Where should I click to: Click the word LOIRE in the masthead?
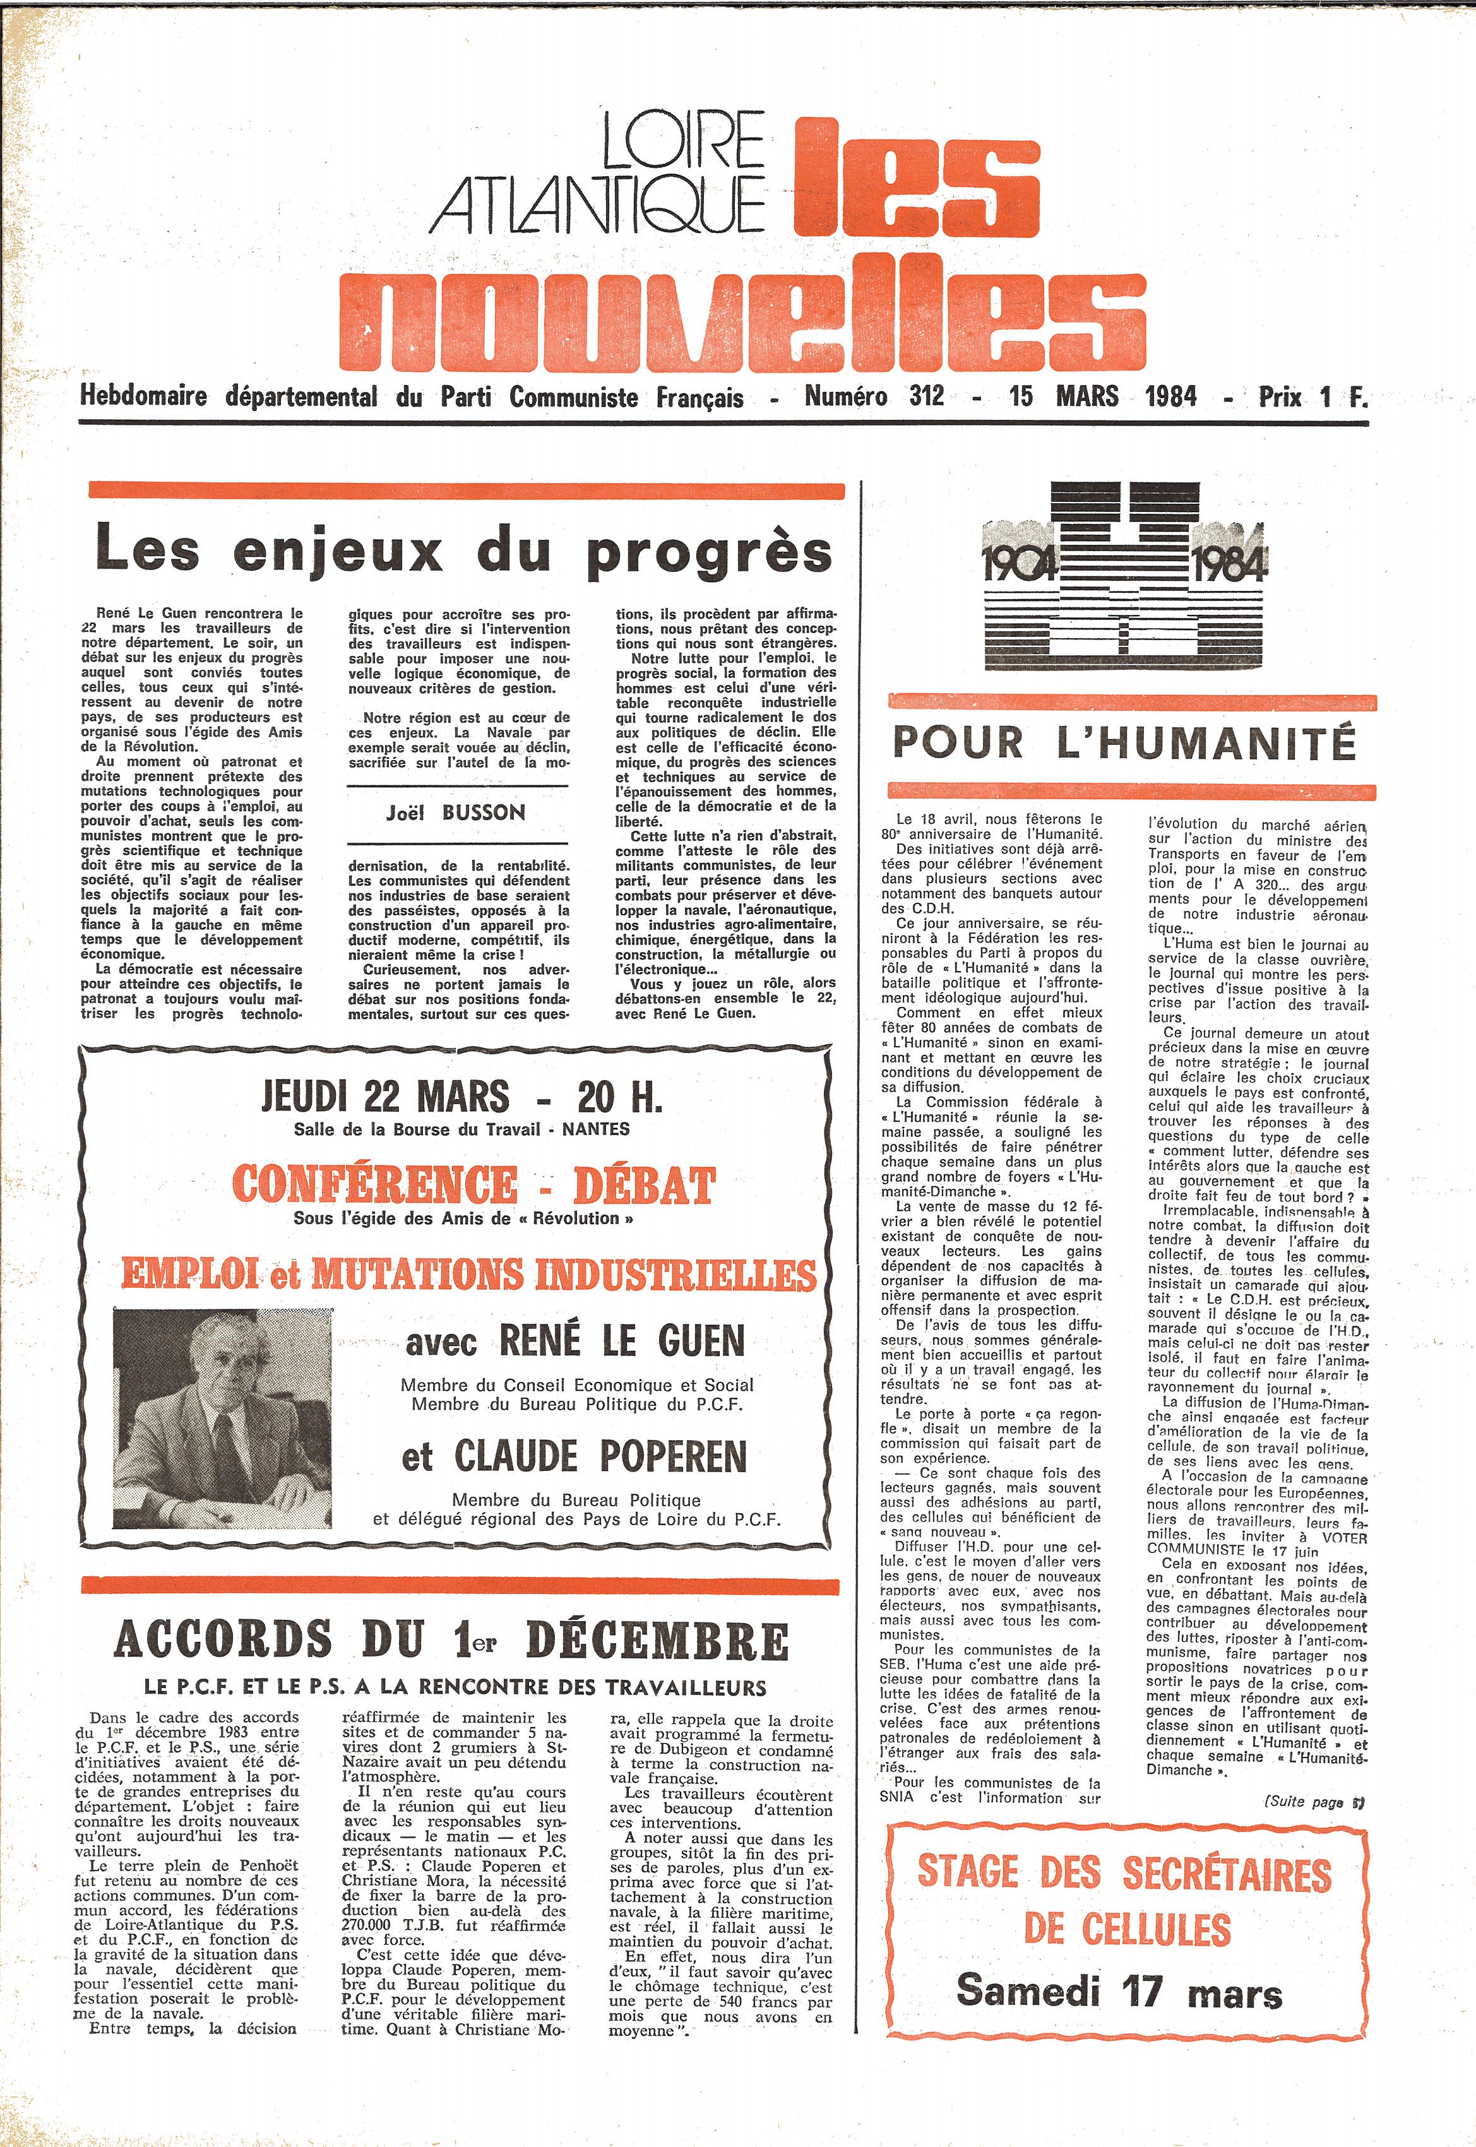[x=682, y=141]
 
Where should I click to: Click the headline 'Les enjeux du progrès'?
[x=463, y=550]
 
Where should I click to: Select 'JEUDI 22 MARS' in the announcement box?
[x=384, y=1098]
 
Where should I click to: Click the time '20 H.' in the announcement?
[x=619, y=1098]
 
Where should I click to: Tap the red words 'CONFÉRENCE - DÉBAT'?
[x=473, y=1186]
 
